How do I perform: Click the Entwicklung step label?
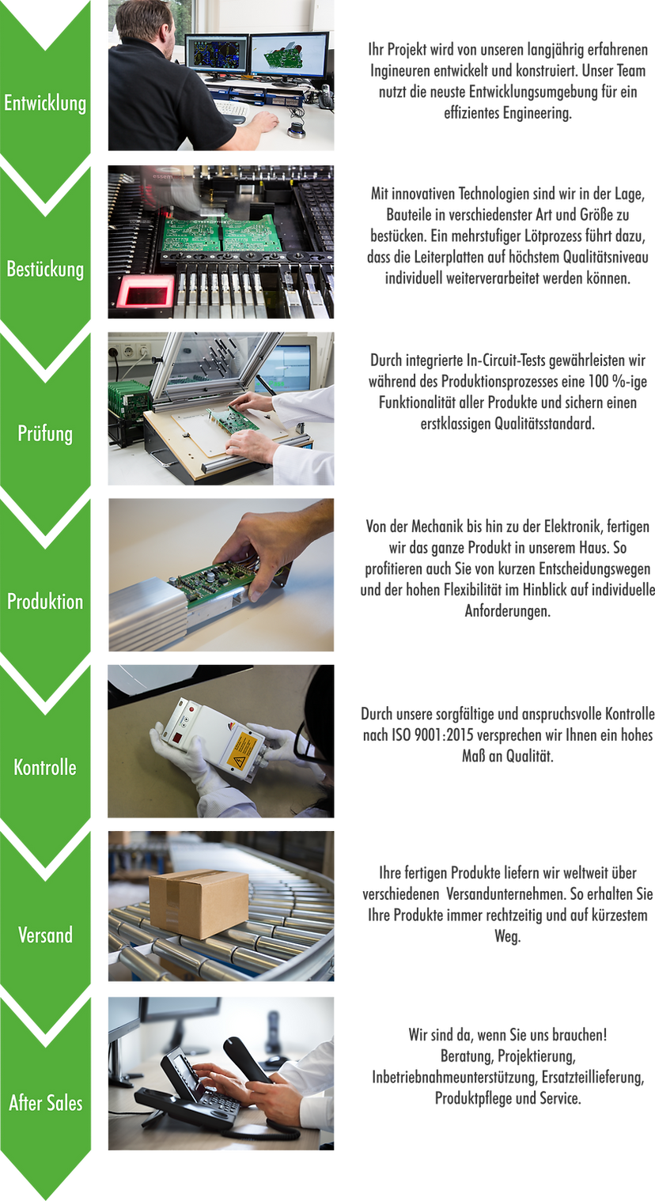point(45,103)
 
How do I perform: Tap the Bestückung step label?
point(45,269)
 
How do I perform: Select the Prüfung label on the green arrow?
point(45,433)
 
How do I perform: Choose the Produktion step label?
point(45,601)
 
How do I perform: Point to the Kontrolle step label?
point(45,767)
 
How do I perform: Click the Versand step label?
point(45,935)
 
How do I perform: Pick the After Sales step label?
point(46,1102)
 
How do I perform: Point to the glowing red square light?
point(146,293)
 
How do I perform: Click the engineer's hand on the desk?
point(263,122)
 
